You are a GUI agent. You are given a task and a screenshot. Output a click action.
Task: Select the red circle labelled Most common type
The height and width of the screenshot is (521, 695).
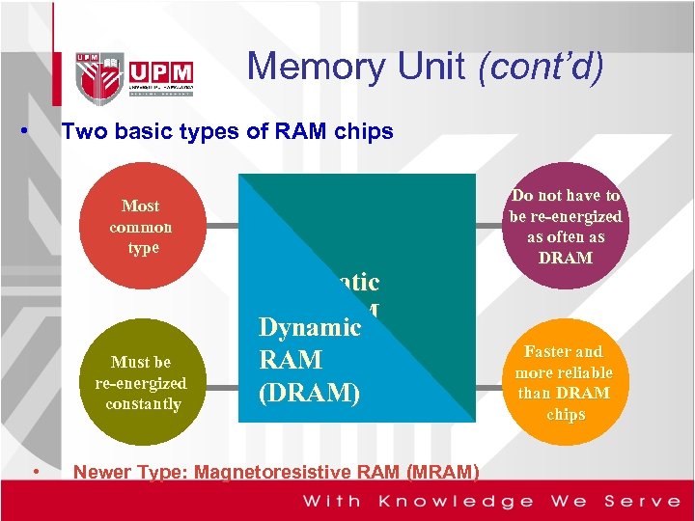pos(141,227)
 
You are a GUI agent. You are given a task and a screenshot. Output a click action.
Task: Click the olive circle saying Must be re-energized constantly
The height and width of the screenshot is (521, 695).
pos(141,382)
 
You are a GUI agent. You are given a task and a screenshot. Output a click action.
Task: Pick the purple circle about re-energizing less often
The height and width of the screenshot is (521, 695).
pos(566,227)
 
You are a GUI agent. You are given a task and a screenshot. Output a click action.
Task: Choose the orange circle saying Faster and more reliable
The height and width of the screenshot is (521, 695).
pos(564,382)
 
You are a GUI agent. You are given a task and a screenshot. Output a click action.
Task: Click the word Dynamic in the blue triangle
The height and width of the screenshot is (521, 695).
pos(309,327)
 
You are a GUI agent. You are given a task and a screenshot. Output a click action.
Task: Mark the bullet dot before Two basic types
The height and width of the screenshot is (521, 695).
pos(35,130)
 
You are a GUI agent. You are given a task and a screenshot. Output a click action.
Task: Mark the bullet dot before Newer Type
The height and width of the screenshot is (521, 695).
pos(35,471)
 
